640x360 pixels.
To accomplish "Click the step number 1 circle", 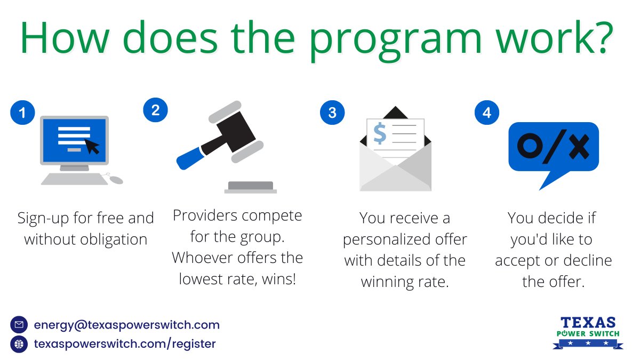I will [22, 113].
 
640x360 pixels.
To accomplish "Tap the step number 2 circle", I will [155, 110].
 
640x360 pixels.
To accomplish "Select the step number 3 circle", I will [332, 113].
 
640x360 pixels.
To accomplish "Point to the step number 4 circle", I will [487, 113].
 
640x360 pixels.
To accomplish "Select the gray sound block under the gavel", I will [250, 187].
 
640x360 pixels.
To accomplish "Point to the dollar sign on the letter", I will [380, 133].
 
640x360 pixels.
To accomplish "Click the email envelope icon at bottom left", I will [19, 325].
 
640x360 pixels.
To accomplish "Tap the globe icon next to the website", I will [19, 344].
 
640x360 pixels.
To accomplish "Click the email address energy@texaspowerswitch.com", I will [126, 325].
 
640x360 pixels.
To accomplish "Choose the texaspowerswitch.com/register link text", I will [125, 344].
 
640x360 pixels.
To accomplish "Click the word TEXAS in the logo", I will [588, 323].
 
